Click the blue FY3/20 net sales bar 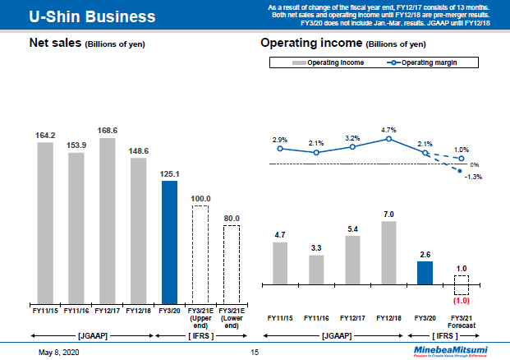click(169, 242)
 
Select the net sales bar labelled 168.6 click(107, 220)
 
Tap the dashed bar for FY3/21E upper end click(200, 255)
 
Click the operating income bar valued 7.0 click(388, 252)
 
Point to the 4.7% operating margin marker click(388, 140)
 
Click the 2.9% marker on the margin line click(280, 149)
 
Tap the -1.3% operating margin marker click(461, 169)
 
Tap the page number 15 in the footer click(255, 353)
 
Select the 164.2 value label click(45, 136)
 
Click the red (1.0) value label click(461, 301)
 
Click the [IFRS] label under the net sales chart click(200, 335)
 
